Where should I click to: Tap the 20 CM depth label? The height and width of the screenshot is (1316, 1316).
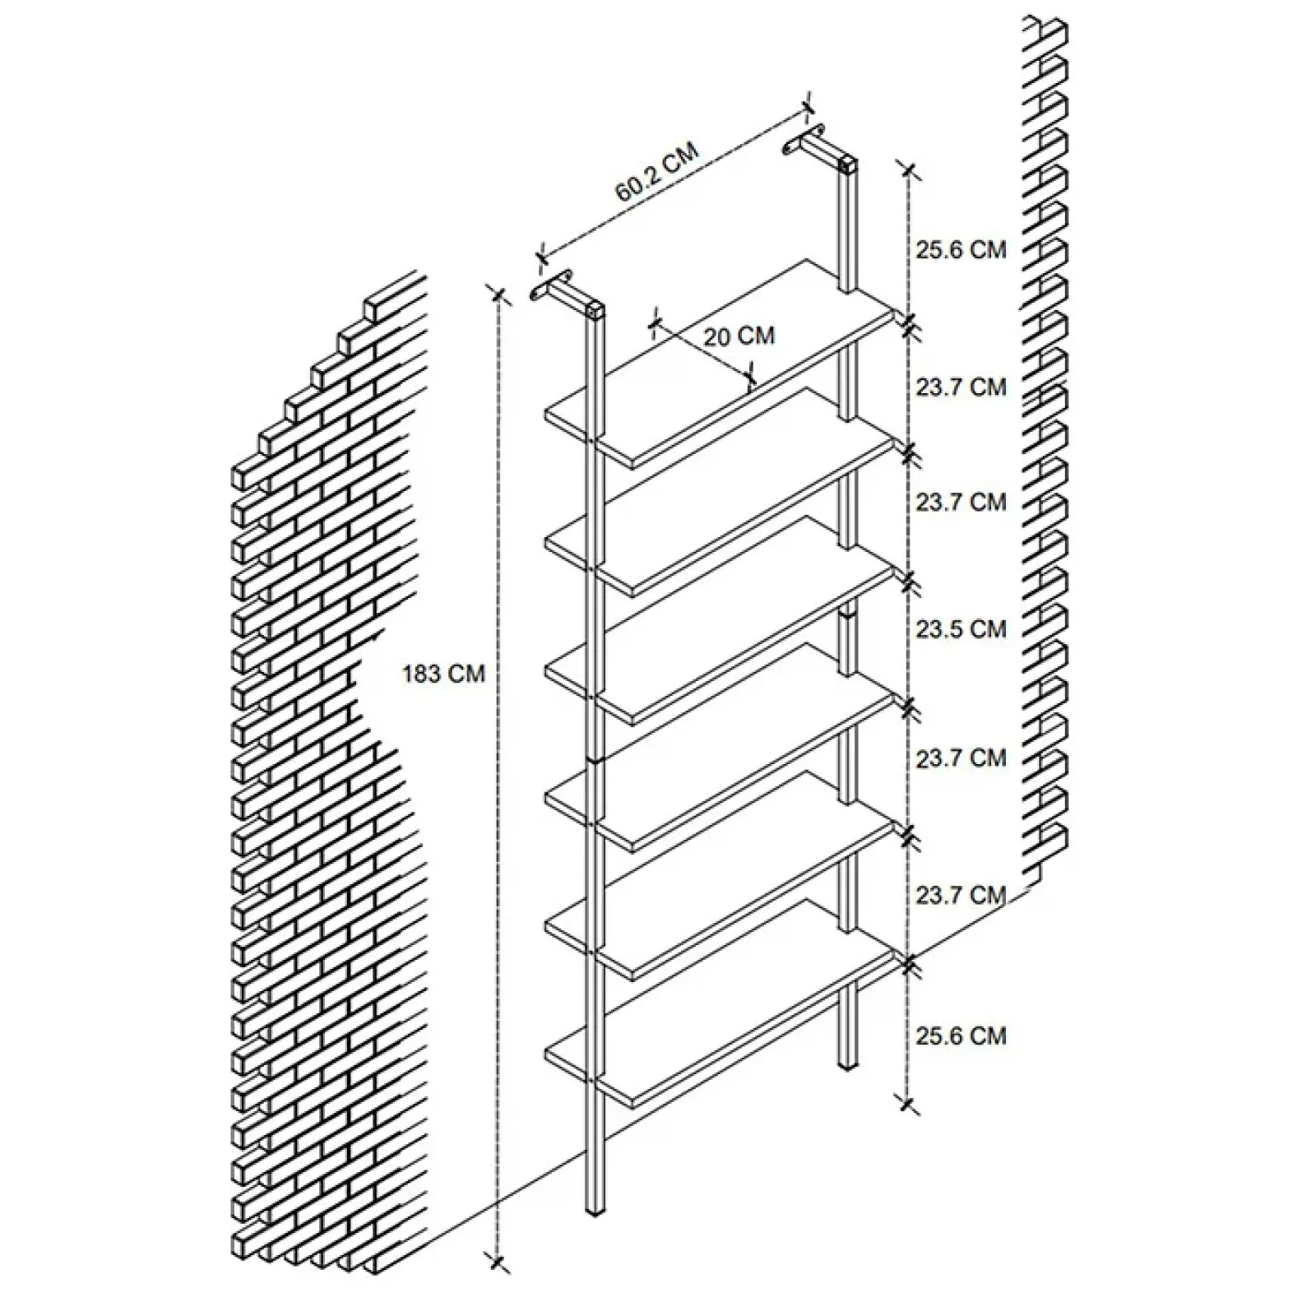[x=739, y=336]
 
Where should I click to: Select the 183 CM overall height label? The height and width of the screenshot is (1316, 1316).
[x=443, y=674]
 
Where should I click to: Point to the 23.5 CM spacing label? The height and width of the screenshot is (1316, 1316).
[x=961, y=629]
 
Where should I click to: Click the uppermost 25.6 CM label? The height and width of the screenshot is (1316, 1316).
[x=961, y=249]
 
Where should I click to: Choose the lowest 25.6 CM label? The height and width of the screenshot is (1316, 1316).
[x=961, y=1035]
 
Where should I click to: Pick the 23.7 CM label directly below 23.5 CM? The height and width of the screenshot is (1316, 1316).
[x=961, y=758]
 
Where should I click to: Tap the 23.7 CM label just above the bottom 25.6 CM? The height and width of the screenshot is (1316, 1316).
[x=961, y=894]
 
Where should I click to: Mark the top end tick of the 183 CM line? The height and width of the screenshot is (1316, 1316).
[x=497, y=294]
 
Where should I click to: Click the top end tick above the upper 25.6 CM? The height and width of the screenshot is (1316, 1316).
[x=908, y=169]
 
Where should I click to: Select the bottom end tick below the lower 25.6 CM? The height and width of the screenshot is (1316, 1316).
[x=908, y=1105]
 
